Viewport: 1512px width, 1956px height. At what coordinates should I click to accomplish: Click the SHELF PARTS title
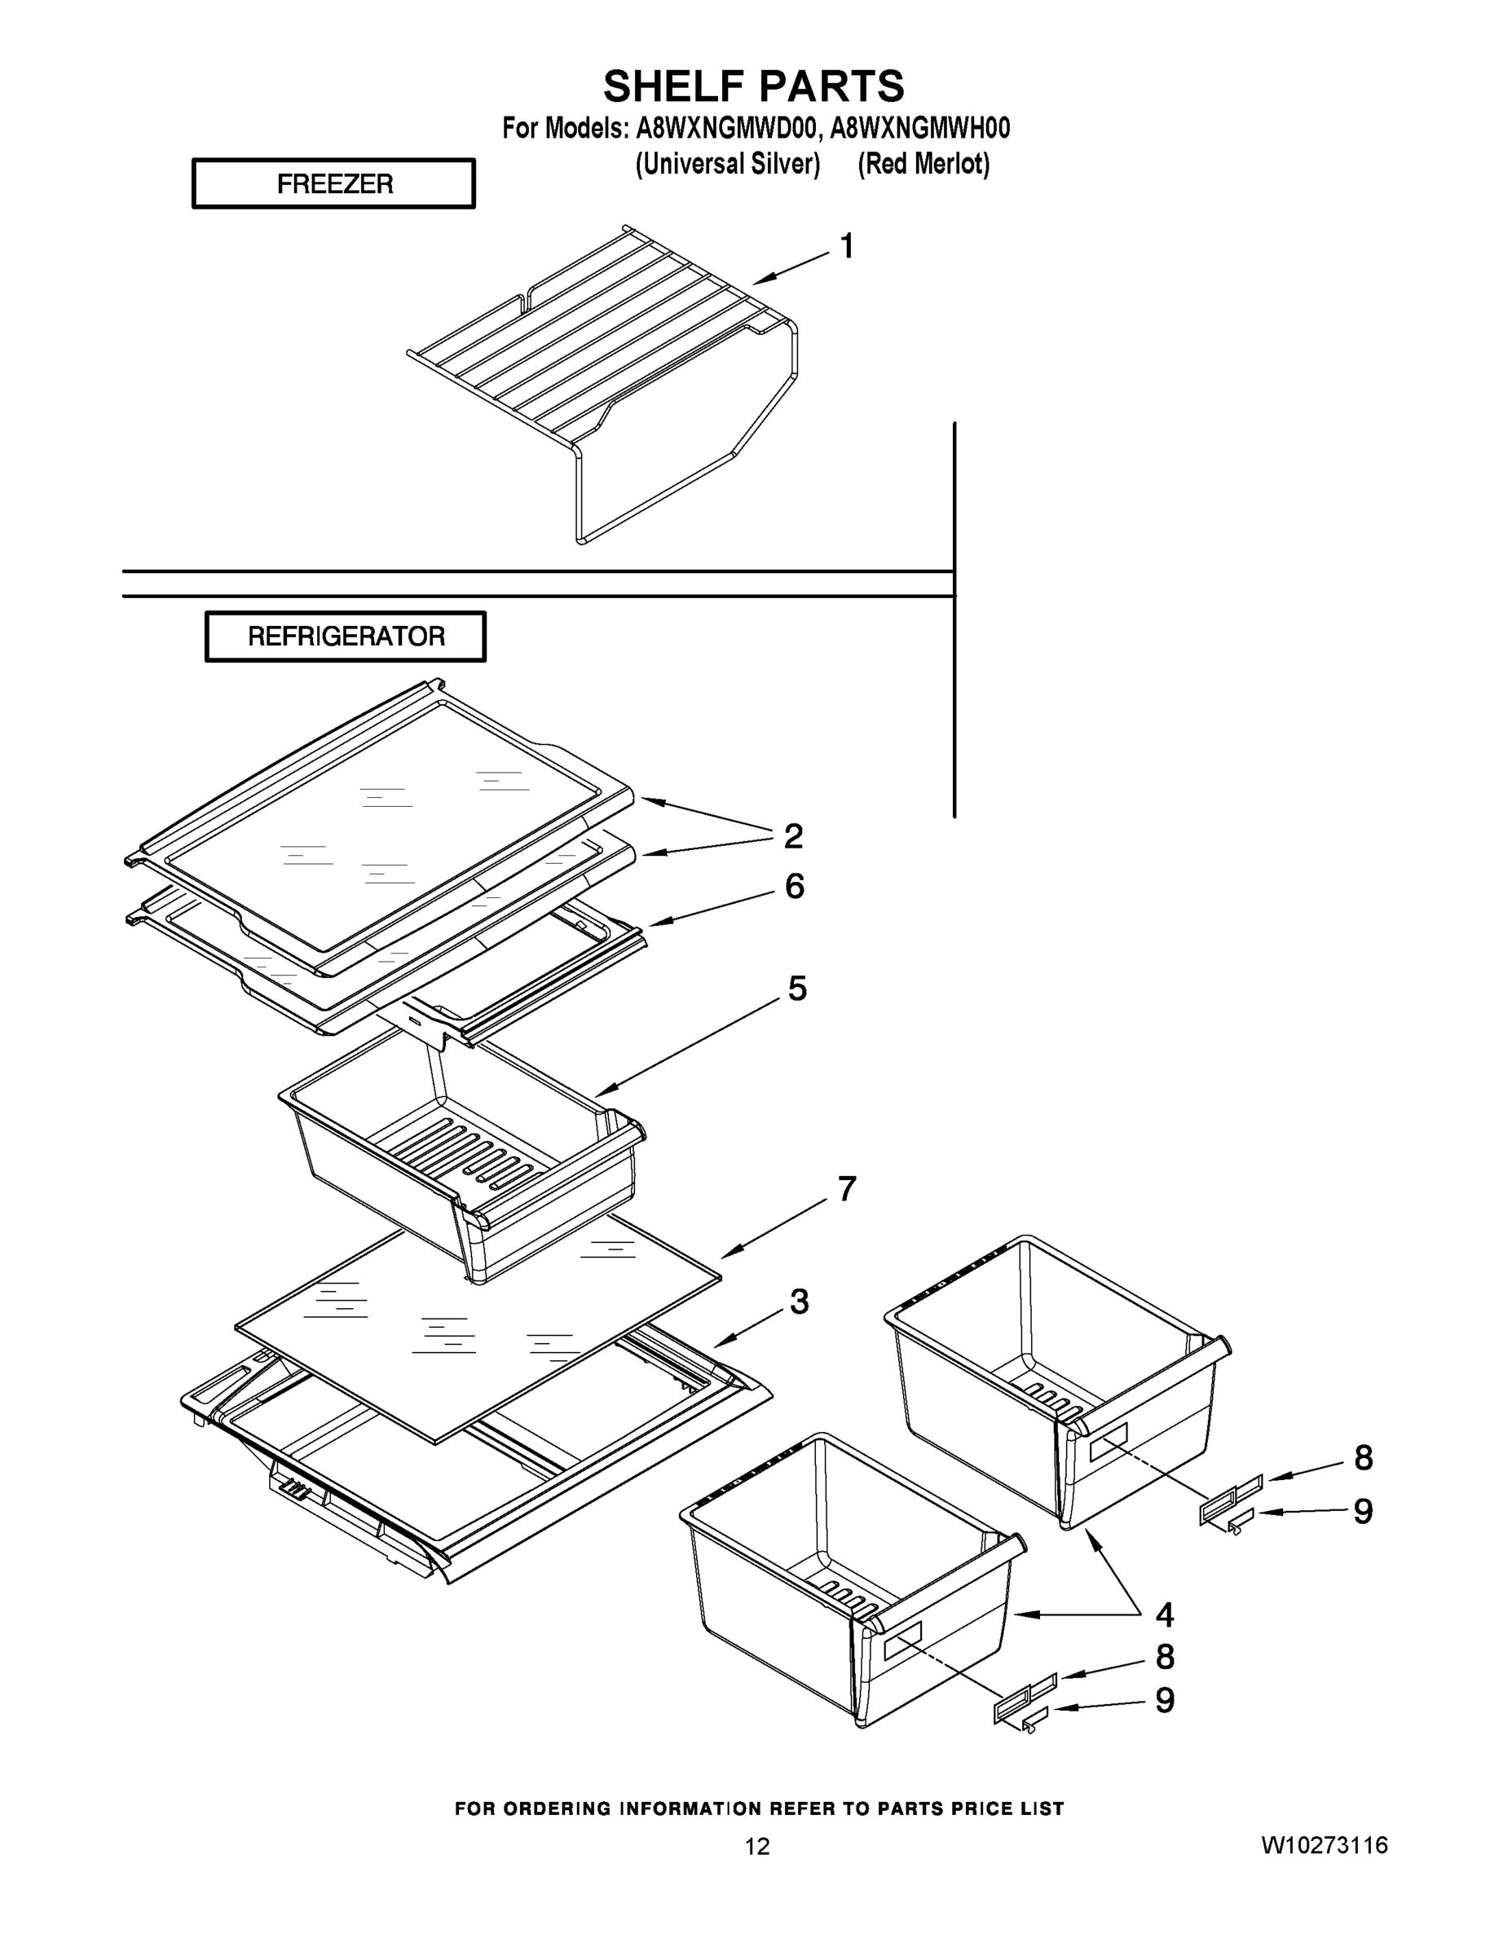coord(753,87)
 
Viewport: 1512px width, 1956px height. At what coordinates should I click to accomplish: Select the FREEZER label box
coord(334,183)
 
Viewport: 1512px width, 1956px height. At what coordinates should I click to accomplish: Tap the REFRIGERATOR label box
coord(346,637)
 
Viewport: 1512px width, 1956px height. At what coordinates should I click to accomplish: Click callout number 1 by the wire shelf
coord(846,246)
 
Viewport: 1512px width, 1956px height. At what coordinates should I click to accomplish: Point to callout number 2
coord(793,836)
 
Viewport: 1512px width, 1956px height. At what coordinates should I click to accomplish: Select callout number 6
coord(795,887)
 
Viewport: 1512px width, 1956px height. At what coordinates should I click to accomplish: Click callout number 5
coord(797,989)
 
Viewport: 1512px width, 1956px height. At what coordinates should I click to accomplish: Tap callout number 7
coord(846,1189)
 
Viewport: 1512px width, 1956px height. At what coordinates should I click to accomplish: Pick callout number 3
coord(799,1302)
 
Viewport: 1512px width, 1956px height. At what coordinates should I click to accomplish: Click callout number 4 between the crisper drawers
coord(1164,1615)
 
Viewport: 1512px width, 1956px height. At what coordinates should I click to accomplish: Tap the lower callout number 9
coord(1165,1700)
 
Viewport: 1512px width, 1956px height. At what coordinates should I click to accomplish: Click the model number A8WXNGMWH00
coord(920,129)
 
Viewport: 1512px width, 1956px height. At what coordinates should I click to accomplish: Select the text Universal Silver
coord(727,164)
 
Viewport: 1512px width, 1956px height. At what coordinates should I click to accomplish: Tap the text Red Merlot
coord(924,164)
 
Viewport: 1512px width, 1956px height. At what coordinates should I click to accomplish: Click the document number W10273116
coord(1324,1845)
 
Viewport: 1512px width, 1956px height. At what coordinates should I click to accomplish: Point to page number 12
coord(757,1847)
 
